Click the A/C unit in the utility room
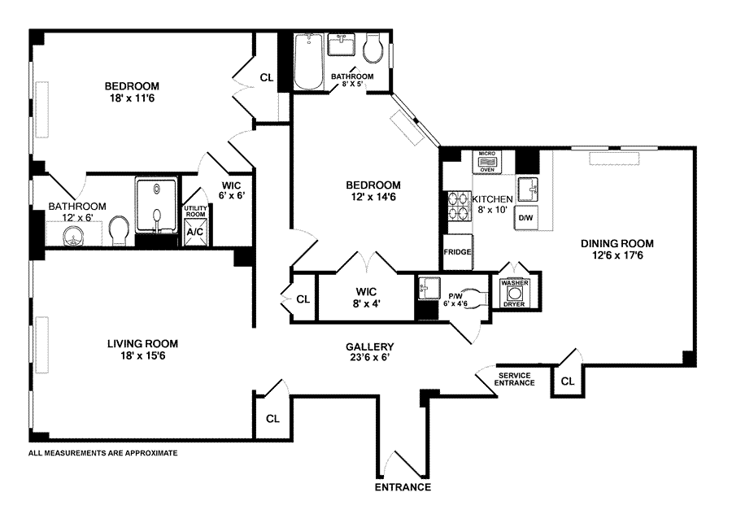195,232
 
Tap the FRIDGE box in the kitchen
458,252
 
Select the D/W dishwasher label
526,218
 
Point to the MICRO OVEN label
487,161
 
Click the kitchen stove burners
458,206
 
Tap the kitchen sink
529,189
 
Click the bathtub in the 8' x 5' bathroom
308,62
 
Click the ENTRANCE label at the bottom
402,488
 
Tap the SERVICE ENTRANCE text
516,378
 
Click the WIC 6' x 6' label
232,189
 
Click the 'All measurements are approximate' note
102,452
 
